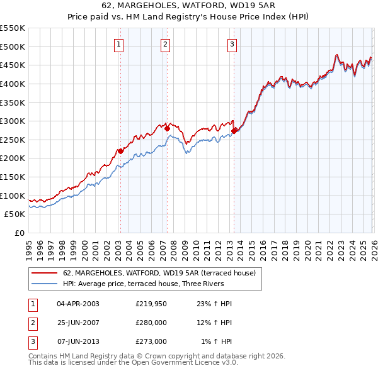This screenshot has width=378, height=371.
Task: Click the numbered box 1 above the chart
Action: (x=119, y=44)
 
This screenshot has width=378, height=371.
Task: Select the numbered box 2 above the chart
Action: (x=165, y=44)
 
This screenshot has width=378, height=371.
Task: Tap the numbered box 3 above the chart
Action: (x=232, y=44)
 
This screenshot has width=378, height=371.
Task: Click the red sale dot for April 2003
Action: (x=120, y=151)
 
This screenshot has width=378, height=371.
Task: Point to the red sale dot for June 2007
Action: (x=168, y=129)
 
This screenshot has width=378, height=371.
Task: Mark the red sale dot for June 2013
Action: (x=234, y=131)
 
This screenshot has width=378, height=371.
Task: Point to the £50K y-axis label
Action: (x=15, y=214)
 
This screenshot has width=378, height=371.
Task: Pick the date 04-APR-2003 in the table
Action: (x=78, y=304)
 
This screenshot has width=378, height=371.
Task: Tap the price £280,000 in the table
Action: (x=151, y=323)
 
